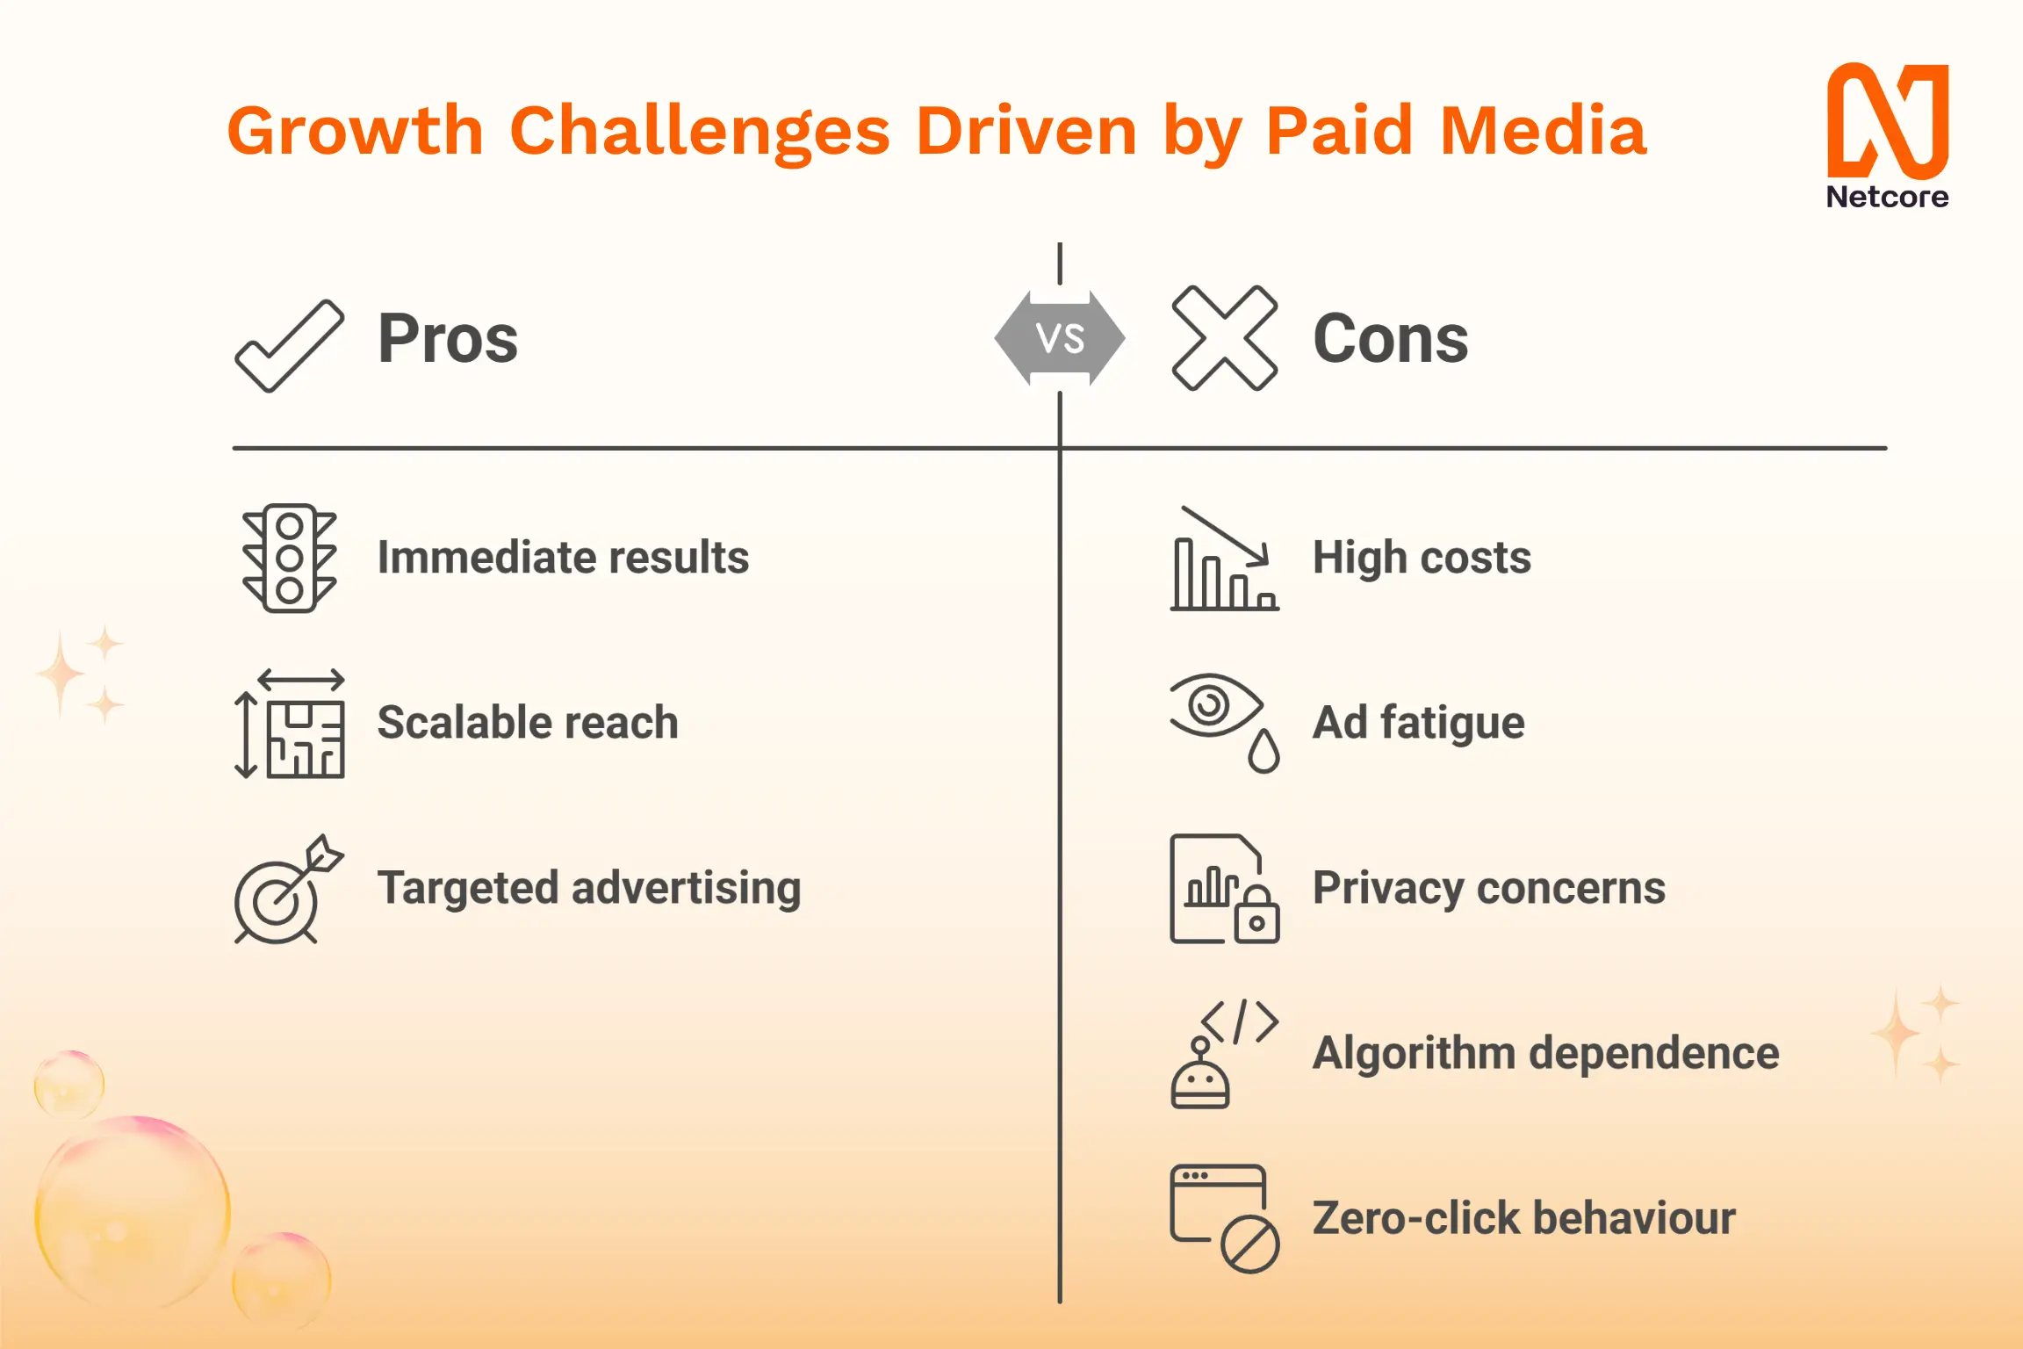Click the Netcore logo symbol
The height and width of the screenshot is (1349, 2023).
coord(1888,120)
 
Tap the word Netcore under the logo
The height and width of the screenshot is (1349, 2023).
coord(1888,197)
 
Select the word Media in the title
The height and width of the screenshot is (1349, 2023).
coord(1544,130)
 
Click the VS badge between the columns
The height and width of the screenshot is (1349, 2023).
coord(1060,338)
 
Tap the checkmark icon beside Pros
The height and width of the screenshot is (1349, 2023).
coord(290,346)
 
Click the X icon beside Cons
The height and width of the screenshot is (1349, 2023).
coord(1224,338)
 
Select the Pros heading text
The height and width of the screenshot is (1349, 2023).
coord(448,339)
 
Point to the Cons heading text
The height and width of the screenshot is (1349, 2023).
coord(1391,339)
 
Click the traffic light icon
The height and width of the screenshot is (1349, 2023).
coord(290,559)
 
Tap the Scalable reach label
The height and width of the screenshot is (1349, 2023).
coord(528,723)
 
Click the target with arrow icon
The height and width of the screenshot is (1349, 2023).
coord(289,889)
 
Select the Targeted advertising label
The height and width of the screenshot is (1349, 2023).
coord(589,889)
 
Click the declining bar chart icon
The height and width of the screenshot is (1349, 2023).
coord(1225,559)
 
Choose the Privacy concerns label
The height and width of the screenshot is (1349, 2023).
coord(1489,889)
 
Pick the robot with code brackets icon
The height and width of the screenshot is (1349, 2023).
coord(1225,1054)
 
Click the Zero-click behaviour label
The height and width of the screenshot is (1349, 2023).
coord(1524,1218)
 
